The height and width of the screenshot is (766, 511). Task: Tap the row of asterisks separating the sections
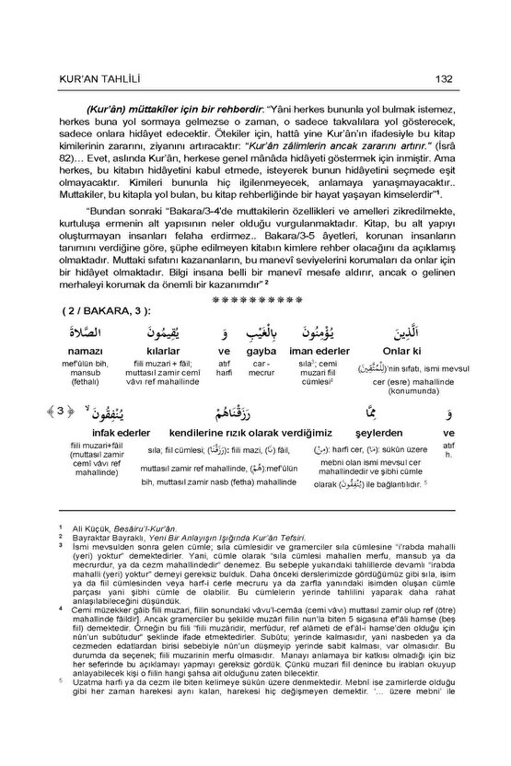point(255,298)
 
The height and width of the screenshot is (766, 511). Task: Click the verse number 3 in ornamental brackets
point(61,412)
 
